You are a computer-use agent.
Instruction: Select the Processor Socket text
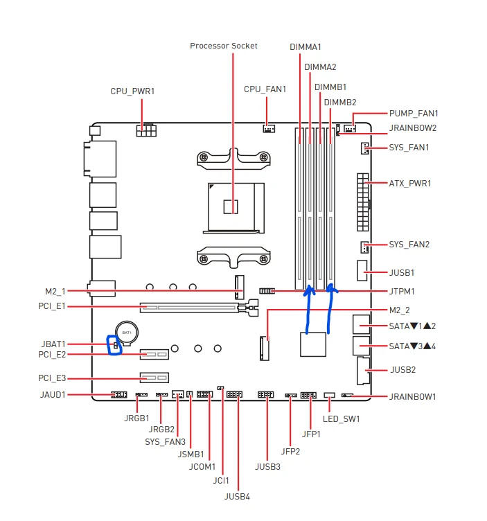224,46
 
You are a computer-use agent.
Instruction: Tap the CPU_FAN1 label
265,89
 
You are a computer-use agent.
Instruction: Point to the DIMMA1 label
306,46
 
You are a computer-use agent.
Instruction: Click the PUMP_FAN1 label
413,113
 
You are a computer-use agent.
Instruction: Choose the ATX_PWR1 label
409,184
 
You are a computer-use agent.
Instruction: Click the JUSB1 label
401,273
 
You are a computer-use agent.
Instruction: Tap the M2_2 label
398,310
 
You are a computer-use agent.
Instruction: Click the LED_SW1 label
342,418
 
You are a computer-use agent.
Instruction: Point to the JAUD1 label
52,395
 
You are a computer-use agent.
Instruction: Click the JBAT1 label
53,344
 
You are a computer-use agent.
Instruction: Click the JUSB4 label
237,496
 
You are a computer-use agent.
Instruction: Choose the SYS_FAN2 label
409,245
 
